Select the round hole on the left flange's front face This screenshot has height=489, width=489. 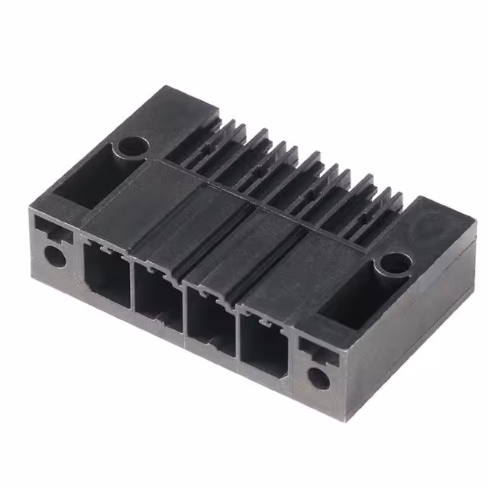tap(55, 254)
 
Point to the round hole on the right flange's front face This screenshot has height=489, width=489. tap(317, 377)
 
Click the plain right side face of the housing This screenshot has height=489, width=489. tap(405, 329)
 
